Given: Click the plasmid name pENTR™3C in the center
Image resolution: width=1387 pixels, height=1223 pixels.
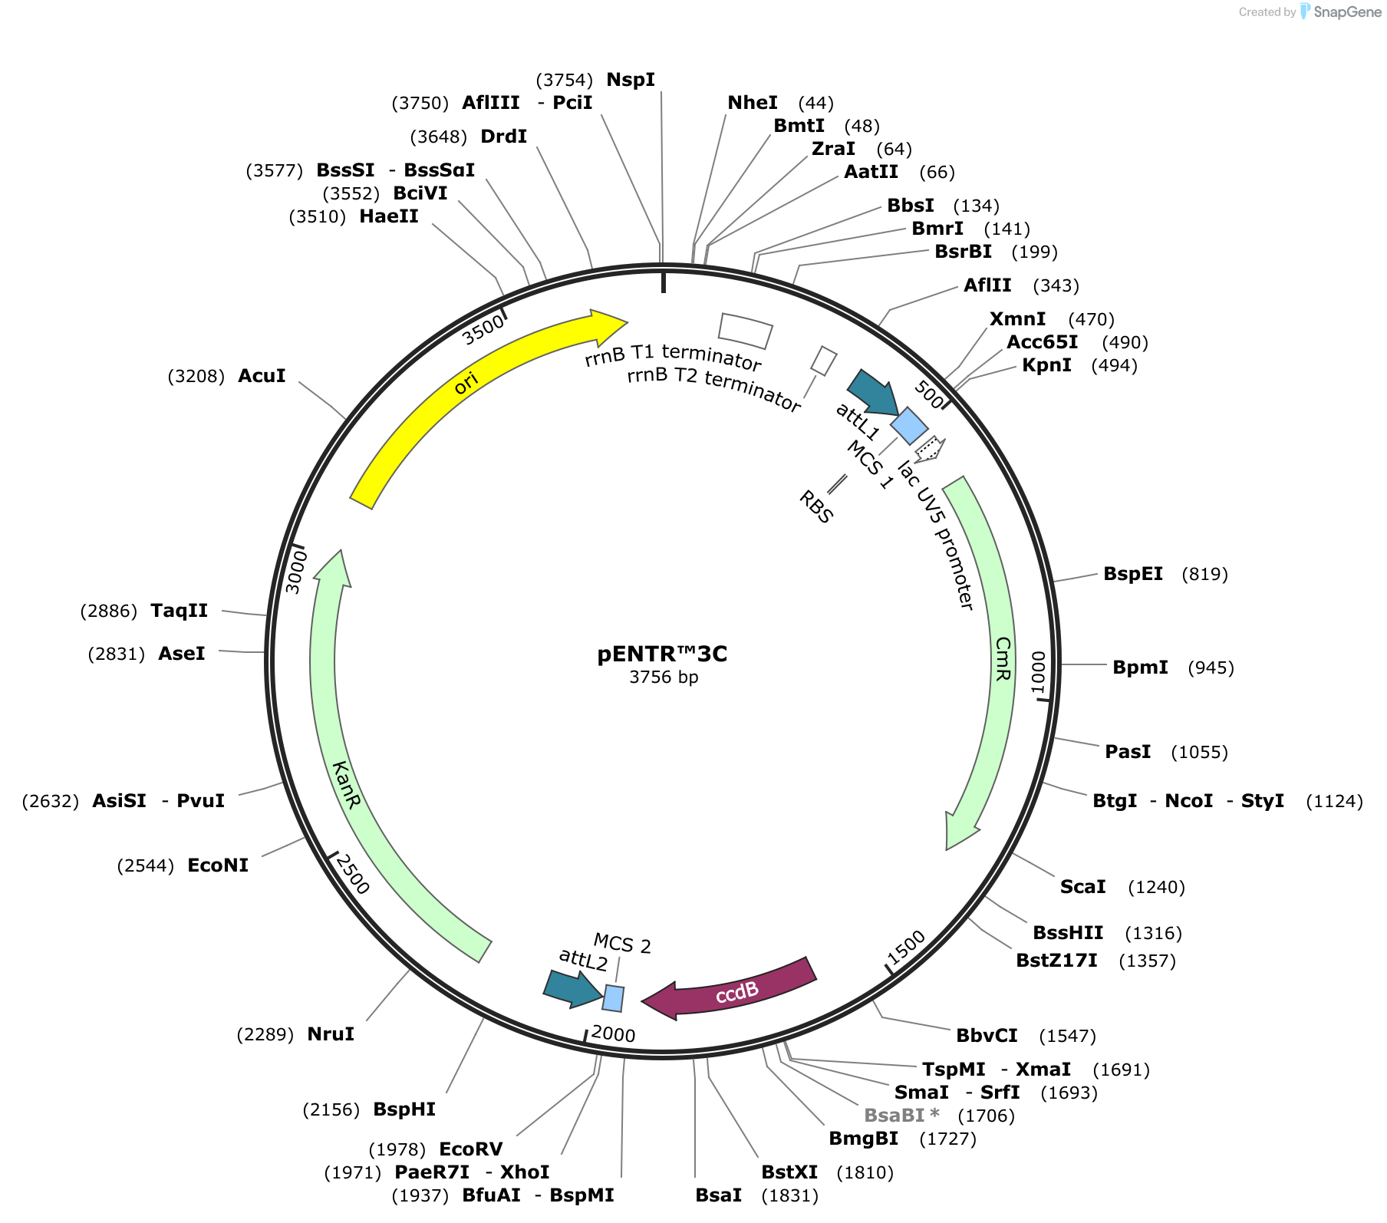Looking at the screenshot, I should coord(662,654).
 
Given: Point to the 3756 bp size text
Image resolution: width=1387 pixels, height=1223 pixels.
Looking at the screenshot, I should coord(664,677).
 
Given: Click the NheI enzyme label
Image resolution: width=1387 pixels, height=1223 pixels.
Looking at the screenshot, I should coord(752,103).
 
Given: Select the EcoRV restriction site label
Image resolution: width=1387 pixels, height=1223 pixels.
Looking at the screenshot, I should coord(470,1149).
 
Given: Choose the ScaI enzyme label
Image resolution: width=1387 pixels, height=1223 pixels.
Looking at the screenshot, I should coord(1082,886).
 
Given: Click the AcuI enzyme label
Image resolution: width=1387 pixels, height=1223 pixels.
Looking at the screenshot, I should coord(262,375).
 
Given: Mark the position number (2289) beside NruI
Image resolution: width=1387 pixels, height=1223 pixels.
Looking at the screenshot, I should coord(265,1034).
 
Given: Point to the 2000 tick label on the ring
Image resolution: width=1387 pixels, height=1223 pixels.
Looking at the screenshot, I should coord(614,1033).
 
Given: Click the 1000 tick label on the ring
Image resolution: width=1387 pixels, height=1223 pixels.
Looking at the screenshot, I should coord(1038,672).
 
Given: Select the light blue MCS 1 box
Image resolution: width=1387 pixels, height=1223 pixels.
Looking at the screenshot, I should coord(909,426).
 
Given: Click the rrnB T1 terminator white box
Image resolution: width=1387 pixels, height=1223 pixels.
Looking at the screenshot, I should coord(745,331).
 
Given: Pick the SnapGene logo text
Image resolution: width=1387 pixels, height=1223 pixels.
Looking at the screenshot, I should coord(1347,12).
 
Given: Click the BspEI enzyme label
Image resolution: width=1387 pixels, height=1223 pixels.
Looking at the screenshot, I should coord(1132,574).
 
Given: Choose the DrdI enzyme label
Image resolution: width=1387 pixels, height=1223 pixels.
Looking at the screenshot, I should coord(503,137).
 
